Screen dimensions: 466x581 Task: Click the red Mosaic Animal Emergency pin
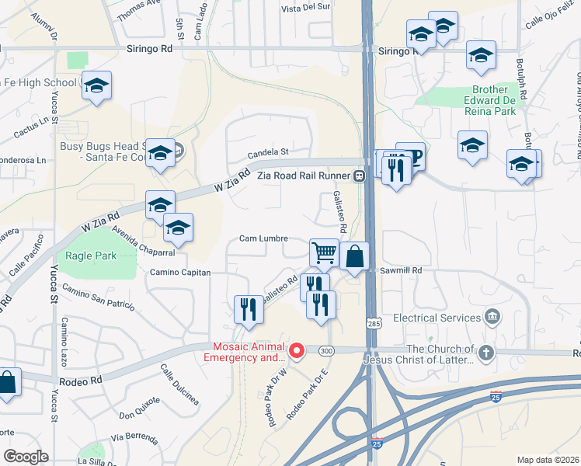point(296,352)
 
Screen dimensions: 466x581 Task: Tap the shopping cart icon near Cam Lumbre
point(324,252)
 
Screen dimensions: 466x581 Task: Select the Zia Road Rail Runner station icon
point(359,176)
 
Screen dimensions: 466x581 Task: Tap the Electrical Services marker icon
point(491,317)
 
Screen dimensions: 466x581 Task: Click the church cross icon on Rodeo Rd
point(485,353)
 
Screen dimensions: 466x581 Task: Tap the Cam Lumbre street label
point(263,238)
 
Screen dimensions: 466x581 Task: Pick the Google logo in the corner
point(26,457)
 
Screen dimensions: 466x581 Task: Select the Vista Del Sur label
point(306,9)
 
